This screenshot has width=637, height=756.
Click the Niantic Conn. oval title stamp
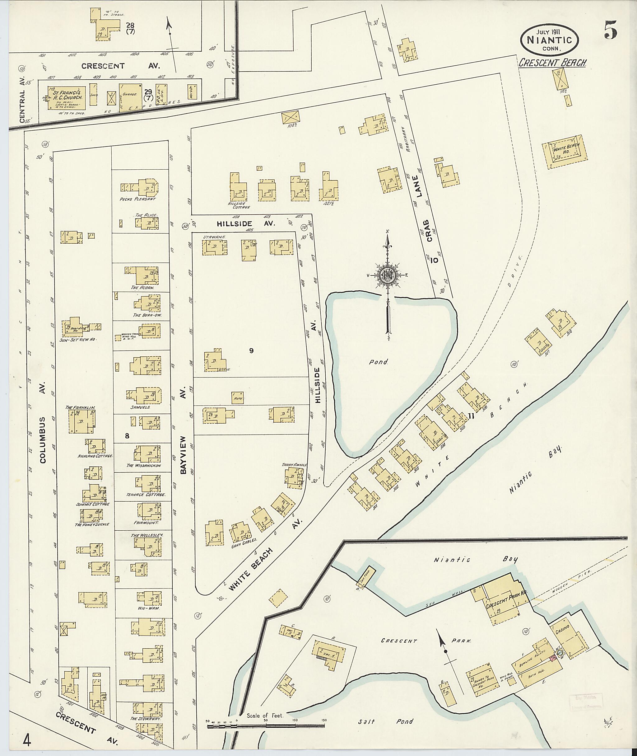click(550, 40)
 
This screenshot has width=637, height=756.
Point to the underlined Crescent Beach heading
click(552, 63)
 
